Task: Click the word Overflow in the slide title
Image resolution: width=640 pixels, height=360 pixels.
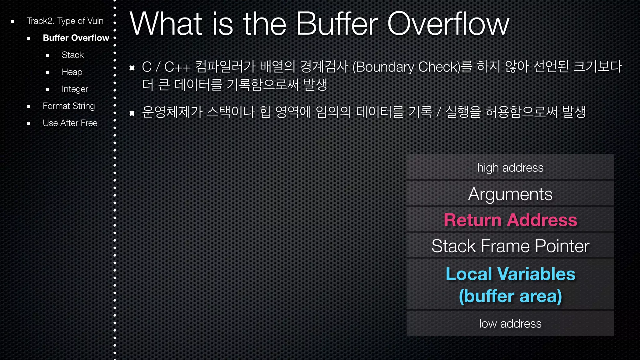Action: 448,24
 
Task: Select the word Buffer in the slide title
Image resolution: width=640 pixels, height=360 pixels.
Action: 337,24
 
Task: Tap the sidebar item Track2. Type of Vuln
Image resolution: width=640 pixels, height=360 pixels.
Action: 65,21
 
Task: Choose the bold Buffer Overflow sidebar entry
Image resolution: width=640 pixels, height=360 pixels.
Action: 76,38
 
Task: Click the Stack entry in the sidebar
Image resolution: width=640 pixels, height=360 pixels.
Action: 72,55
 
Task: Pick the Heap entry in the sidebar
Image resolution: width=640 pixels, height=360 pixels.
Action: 72,72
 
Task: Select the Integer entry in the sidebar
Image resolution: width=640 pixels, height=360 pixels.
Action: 75,89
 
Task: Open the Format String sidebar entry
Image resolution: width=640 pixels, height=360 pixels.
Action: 69,106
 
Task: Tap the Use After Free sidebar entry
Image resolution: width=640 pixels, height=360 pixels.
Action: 70,123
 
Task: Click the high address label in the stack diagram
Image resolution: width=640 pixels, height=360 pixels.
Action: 510,168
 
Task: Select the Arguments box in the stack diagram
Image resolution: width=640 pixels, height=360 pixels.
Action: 510,194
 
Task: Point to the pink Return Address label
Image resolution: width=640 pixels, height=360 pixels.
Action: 510,220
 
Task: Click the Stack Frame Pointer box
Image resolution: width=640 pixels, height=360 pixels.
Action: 510,246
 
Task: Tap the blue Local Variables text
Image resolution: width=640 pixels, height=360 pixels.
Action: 510,274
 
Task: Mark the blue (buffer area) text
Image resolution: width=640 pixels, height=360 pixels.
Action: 510,296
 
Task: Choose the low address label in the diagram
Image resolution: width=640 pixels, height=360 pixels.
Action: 510,324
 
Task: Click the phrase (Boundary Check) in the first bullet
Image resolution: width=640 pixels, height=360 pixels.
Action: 407,67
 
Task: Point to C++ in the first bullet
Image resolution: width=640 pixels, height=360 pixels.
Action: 177,67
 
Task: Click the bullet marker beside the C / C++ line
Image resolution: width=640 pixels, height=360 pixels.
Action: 132,67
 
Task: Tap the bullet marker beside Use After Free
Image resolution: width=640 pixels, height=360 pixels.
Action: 28,123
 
